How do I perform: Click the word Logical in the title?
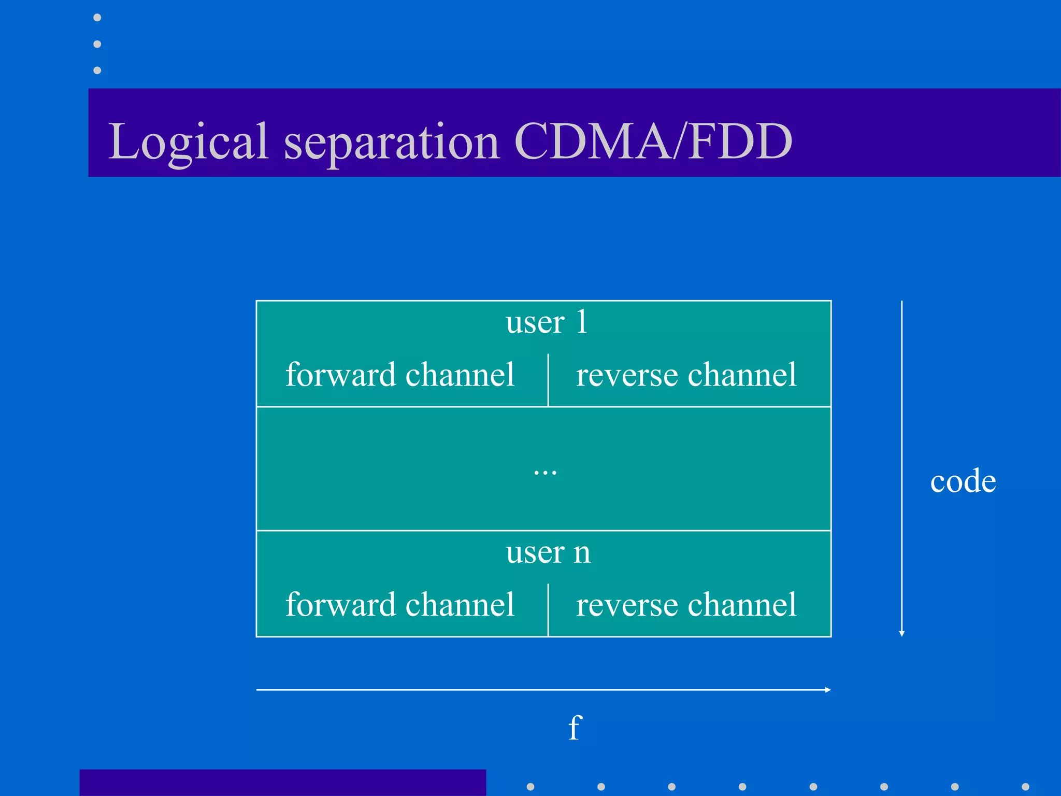[188, 141]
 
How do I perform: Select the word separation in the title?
[392, 141]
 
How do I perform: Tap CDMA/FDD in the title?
[653, 141]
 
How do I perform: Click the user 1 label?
[546, 322]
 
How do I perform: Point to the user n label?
[548, 552]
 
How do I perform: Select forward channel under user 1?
[399, 375]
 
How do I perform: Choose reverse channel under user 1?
[686, 375]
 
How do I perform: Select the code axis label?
[963, 481]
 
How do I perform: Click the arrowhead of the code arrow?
[901, 633]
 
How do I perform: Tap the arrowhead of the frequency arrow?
[828, 690]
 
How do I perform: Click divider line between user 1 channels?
[548, 380]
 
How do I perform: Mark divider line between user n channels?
[548, 609]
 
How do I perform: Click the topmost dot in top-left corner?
[97, 18]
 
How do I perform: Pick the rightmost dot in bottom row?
[1025, 787]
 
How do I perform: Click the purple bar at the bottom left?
[282, 783]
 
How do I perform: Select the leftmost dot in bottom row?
[530, 787]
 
